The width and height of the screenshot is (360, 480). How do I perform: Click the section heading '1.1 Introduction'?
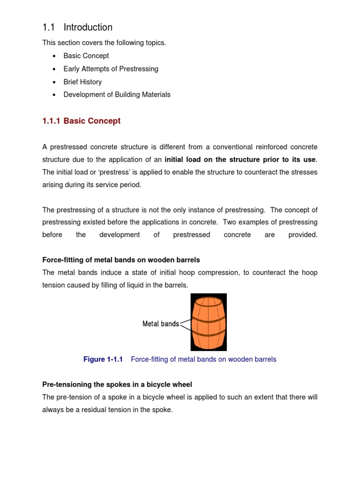coord(77,27)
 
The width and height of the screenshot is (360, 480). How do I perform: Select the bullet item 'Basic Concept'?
coord(86,56)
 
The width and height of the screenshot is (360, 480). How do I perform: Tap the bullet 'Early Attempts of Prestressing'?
coord(111,69)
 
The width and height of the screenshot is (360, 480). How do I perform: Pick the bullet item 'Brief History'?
coord(82,82)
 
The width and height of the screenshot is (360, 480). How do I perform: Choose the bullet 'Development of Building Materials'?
coord(117,94)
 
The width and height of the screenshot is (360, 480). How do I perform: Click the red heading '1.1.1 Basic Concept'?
coord(81,121)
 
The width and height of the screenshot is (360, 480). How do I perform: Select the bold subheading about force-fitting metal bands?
coord(121,260)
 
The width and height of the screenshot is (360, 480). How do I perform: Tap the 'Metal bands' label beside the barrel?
coord(160,324)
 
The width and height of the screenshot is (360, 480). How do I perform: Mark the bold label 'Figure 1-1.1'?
coord(103,360)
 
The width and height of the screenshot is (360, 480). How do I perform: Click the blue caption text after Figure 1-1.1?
coord(203,360)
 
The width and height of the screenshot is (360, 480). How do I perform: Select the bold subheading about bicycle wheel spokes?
coord(117,384)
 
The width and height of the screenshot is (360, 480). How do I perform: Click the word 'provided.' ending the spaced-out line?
coord(303,235)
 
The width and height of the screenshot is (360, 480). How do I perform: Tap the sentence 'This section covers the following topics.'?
coord(104,43)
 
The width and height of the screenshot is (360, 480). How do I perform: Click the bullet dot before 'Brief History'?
coord(54,82)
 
